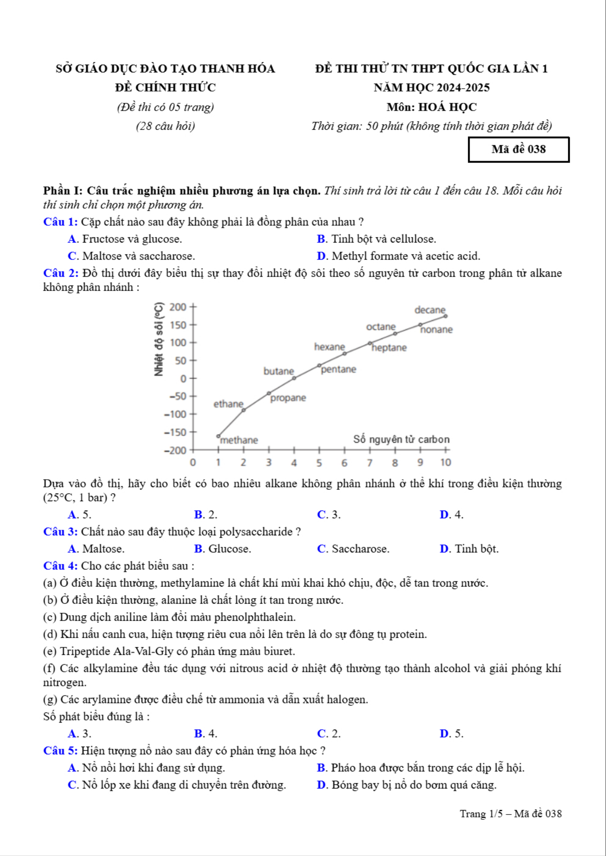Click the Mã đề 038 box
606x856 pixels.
pos(519,150)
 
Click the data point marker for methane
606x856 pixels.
pos(218,436)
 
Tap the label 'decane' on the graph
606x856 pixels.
pos(430,310)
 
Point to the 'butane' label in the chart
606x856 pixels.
pos(279,371)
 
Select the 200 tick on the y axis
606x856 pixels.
pos(178,307)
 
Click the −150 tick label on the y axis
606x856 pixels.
pos(175,432)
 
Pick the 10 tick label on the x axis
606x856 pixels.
pos(446,463)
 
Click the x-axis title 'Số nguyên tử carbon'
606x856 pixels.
pos(401,439)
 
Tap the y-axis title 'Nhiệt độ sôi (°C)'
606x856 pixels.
pos(159,339)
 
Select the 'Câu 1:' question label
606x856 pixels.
pos(60,222)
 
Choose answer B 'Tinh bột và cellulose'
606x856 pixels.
pos(376,239)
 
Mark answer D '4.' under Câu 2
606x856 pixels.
pos(451,515)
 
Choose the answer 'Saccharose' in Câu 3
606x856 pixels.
pos(353,549)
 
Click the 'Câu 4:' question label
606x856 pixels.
pos(60,566)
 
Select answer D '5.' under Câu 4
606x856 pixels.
pos(451,733)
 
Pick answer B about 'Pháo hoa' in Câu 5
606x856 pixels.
pos(421,767)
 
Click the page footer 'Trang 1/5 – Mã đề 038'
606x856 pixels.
pos(510,814)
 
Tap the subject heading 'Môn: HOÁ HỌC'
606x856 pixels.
pos(432,107)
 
